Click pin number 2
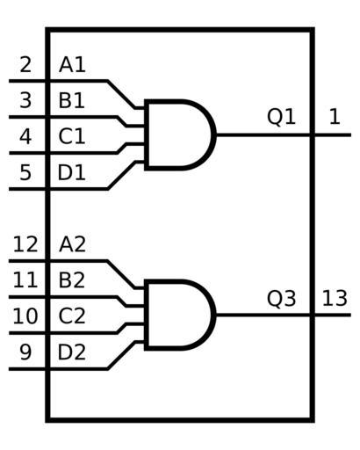pyautogui.click(x=25, y=65)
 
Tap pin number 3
pyautogui.click(x=25, y=100)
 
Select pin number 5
pyautogui.click(x=25, y=172)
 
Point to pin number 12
pyautogui.click(x=25, y=244)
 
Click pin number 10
pyautogui.click(x=25, y=316)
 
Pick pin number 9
pyautogui.click(x=25, y=352)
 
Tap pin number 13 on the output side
pyautogui.click(x=335, y=299)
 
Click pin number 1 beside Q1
pyautogui.click(x=335, y=118)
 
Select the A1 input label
pyautogui.click(x=72, y=65)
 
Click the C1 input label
pyautogui.click(x=72, y=136)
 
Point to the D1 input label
pyautogui.click(x=72, y=172)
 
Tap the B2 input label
pyautogui.click(x=72, y=280)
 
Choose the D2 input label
pyautogui.click(x=72, y=352)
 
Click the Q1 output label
pyautogui.click(x=282, y=117)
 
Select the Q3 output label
pyautogui.click(x=282, y=299)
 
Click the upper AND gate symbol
pyautogui.click(x=181, y=135)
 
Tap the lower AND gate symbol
pyautogui.click(x=181, y=315)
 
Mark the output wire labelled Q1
pyautogui.click(x=284, y=135)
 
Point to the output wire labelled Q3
pyautogui.click(x=284, y=315)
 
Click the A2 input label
pyautogui.click(x=73, y=244)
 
